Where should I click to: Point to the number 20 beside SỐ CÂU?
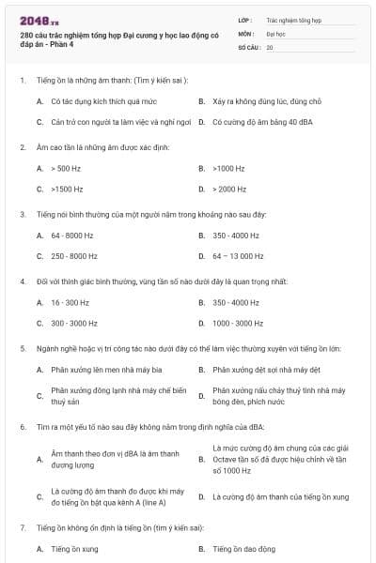click(x=270, y=46)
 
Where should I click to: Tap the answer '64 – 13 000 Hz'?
click(x=238, y=255)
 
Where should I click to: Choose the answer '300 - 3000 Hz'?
click(x=74, y=323)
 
